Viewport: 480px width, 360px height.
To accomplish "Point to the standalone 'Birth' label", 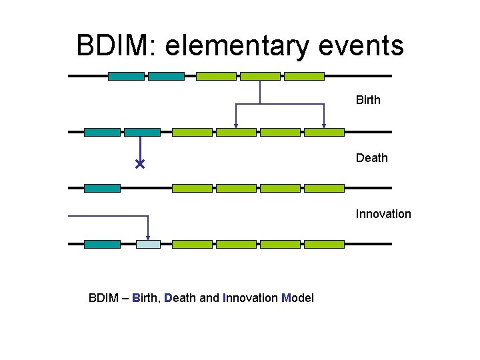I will click(368, 100).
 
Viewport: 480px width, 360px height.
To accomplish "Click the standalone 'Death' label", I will click(371, 158).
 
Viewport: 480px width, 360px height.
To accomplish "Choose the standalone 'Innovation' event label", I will click(383, 214).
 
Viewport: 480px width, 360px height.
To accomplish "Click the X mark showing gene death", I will click(140, 164).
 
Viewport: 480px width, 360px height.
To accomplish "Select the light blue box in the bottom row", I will click(148, 245).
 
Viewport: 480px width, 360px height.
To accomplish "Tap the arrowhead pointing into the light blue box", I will click(148, 237).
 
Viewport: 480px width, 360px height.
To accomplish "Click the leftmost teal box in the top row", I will click(126, 77).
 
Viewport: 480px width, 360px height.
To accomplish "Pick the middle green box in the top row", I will click(260, 77).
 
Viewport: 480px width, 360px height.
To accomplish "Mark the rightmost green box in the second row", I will click(324, 133).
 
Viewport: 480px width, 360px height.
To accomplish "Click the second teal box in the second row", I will click(143, 133).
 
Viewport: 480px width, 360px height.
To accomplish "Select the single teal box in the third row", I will click(102, 189).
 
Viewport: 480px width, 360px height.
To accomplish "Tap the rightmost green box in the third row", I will click(324, 189).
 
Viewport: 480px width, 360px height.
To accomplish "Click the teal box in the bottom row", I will click(102, 245).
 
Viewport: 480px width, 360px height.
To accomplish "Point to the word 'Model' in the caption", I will click(297, 297).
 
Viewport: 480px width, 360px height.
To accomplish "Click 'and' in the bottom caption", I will click(209, 297).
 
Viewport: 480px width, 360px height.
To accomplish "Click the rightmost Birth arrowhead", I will click(324, 125).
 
